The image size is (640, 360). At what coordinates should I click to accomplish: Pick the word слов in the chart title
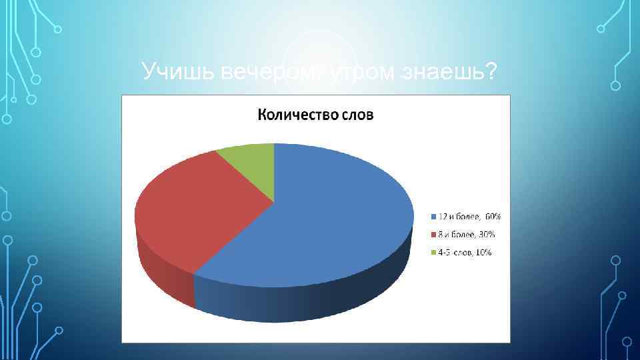coord(357,115)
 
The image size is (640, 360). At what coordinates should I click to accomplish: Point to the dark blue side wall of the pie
coord(300,300)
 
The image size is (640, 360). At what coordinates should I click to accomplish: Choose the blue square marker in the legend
coord(433,217)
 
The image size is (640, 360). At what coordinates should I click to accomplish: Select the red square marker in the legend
coord(433,235)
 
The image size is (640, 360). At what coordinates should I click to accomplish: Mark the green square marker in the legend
coord(433,253)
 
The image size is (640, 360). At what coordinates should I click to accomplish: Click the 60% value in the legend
coord(493,217)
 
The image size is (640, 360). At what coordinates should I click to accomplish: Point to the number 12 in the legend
coord(442,217)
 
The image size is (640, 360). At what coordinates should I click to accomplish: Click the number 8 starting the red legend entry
coord(440,235)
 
